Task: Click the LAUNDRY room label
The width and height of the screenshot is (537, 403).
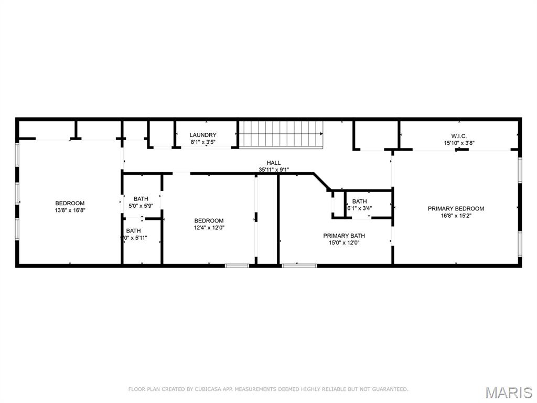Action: coord(202,135)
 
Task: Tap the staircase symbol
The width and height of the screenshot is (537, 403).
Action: coord(281,134)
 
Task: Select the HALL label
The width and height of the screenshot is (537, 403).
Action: coord(273,163)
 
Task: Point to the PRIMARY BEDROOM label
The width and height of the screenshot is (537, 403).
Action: coord(456,208)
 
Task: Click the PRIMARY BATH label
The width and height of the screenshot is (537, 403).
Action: coord(344,236)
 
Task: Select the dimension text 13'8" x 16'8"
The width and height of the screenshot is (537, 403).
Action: coord(70,210)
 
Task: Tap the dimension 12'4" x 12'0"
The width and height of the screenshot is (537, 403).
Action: coord(209,227)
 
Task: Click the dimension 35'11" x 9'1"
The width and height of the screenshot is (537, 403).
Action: coord(274,169)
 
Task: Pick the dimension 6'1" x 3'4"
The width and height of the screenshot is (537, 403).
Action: coord(360,208)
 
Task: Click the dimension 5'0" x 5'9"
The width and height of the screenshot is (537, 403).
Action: coord(141,206)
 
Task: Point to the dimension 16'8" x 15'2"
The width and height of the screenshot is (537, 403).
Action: coord(456,215)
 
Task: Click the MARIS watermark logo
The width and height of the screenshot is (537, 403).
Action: coord(508,392)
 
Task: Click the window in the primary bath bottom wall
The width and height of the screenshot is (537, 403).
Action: coord(299,266)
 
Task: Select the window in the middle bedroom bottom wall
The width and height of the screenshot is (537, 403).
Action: coord(237,266)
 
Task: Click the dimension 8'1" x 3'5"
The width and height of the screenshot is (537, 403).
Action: coord(202,142)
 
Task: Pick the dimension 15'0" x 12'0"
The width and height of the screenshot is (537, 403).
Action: coord(344,242)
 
